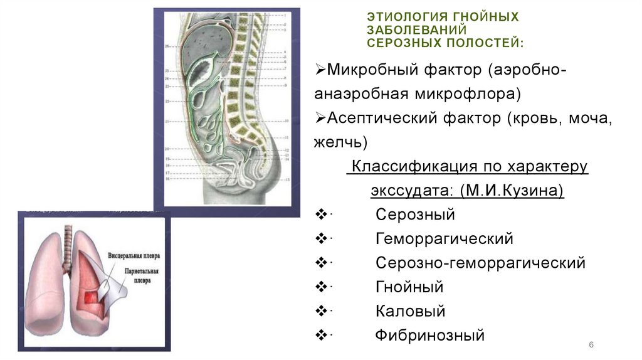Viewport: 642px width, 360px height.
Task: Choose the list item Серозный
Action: click(x=415, y=214)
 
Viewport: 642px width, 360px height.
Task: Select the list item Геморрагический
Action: click(x=445, y=239)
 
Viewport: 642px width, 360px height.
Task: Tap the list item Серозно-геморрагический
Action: click(x=480, y=263)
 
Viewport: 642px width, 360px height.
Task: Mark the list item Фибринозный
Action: click(x=430, y=335)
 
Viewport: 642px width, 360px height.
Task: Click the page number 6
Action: click(x=591, y=346)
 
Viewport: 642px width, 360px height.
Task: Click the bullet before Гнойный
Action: click(x=321, y=287)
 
